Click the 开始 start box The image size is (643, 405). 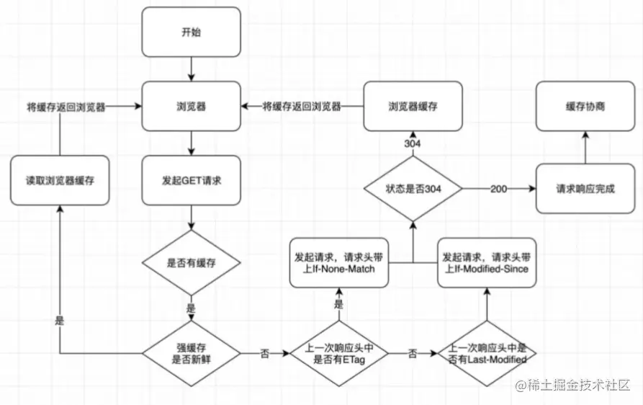(191, 32)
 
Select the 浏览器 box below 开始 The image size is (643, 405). (191, 106)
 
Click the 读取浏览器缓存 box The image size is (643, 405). (60, 180)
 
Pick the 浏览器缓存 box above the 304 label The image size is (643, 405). (413, 106)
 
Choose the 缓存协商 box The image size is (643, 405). (585, 106)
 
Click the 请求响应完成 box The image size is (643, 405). (585, 190)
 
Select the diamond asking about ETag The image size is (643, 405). (338, 353)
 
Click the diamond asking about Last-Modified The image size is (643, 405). (487, 353)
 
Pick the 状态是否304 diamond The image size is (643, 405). (413, 190)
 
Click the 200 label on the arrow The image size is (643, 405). (499, 190)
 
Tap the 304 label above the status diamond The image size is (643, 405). (413, 144)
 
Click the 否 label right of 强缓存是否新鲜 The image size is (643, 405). (264, 354)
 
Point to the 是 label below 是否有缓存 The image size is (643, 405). (191, 308)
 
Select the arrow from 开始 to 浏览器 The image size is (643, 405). (191, 69)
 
